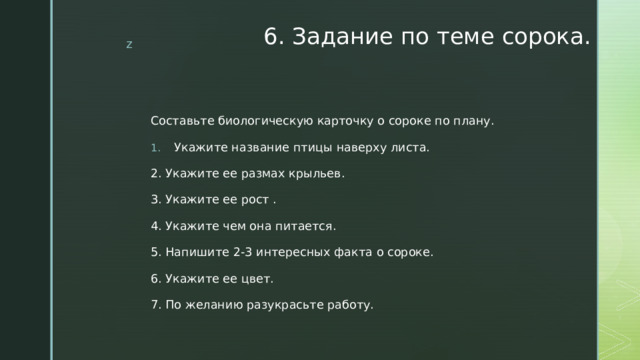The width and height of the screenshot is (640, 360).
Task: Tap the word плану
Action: (x=472, y=122)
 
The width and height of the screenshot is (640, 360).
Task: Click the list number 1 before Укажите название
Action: (x=154, y=148)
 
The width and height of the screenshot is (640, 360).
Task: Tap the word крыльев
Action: (x=321, y=174)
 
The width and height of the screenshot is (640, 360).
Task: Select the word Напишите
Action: (x=196, y=252)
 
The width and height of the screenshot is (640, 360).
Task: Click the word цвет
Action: (x=254, y=278)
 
